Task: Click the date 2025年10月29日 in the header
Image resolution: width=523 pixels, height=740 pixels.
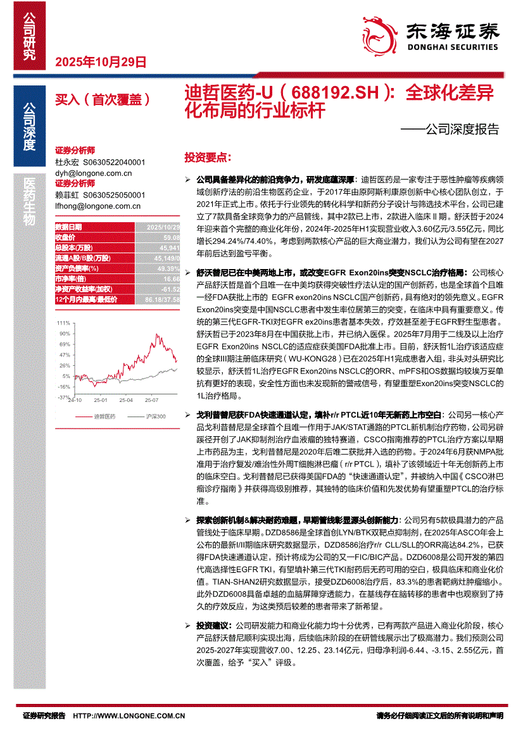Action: (x=101, y=62)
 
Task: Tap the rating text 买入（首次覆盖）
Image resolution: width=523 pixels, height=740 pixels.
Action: (x=102, y=99)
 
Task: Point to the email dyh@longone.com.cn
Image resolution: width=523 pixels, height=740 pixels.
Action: (x=94, y=173)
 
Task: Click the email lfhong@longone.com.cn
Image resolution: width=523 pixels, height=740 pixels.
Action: (x=98, y=206)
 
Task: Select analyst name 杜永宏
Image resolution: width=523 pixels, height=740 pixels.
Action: (x=65, y=162)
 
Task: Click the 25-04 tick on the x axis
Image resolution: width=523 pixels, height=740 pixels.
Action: (x=125, y=401)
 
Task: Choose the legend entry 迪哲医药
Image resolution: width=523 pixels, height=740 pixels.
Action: (x=104, y=416)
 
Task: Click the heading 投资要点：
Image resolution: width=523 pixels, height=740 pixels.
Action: (x=208, y=157)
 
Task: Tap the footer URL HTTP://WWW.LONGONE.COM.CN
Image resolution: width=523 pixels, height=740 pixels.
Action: (x=129, y=716)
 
